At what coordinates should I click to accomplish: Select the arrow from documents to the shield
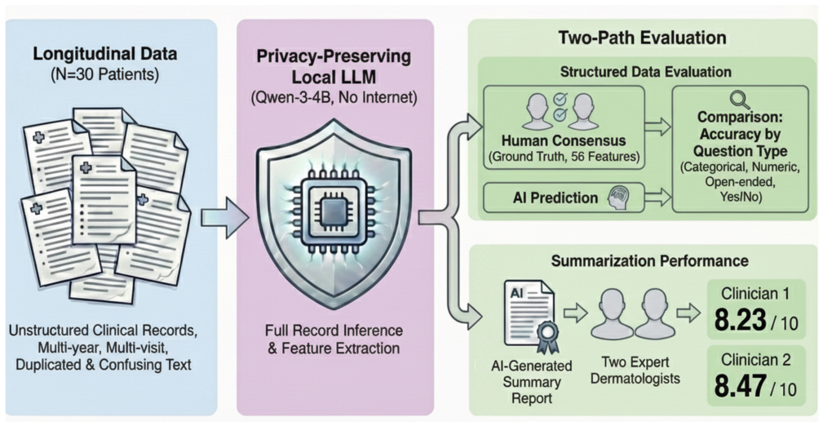pos(224,216)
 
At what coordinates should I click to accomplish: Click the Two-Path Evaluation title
pos(642,38)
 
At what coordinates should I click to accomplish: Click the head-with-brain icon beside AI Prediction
pos(617,198)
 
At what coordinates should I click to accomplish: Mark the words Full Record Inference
pos(334,331)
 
